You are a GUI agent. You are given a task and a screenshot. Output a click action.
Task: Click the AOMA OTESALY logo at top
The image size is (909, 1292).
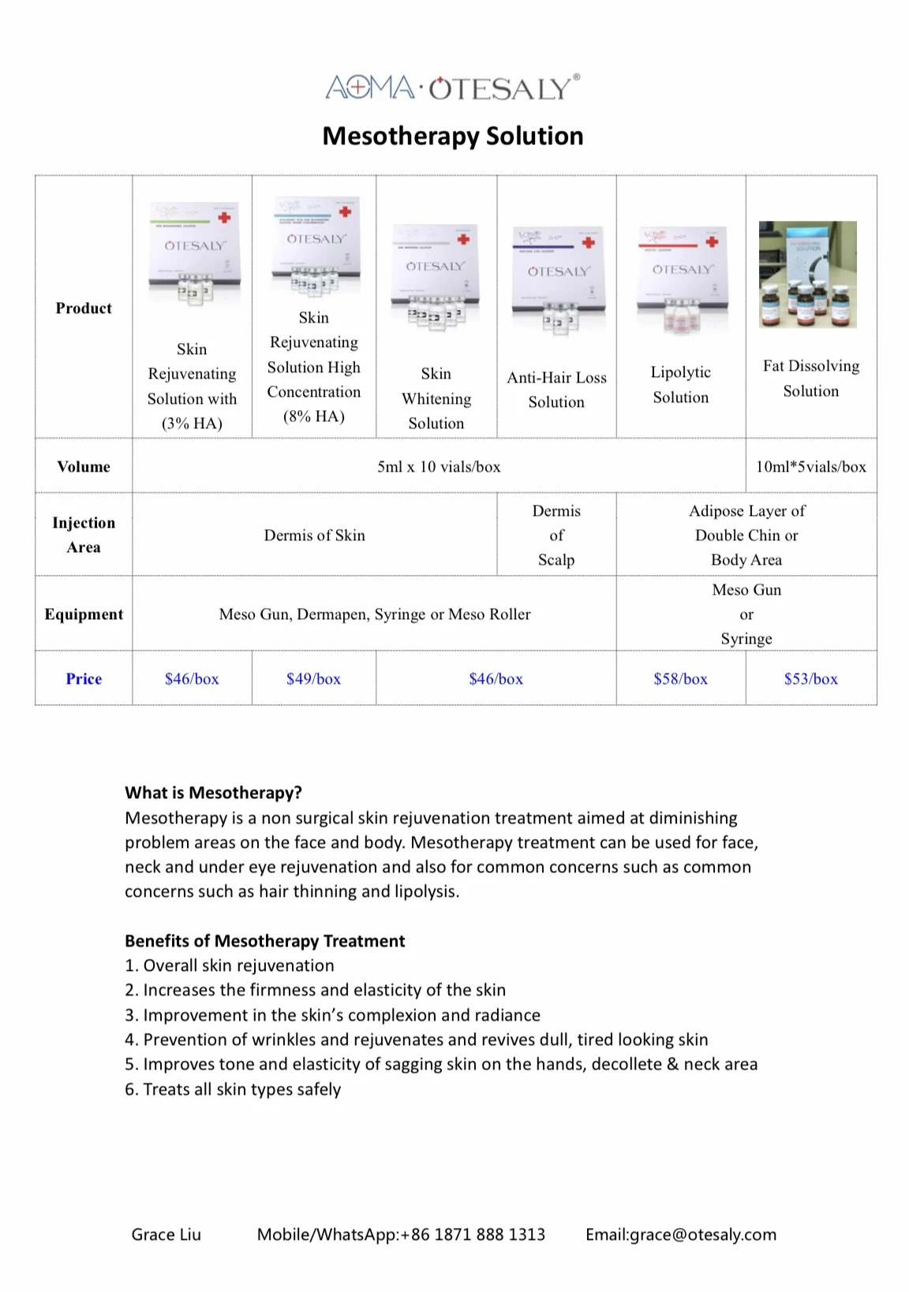pos(453,87)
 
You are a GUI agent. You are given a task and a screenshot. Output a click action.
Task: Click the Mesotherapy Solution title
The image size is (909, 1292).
pos(453,136)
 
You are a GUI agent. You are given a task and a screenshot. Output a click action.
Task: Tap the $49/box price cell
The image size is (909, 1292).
pos(313,678)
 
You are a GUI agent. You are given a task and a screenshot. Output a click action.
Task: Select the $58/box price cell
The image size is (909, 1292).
pos(680,678)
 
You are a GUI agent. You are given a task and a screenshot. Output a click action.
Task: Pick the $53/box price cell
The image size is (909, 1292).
pos(810,678)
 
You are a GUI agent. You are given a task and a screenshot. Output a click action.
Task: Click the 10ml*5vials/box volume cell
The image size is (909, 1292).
pos(810,466)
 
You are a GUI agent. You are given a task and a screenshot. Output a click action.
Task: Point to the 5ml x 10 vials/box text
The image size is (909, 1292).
pos(439,466)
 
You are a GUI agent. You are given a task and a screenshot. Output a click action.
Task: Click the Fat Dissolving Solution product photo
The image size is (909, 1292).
pos(807,274)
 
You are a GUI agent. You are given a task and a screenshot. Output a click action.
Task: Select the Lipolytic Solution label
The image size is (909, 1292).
pos(680,384)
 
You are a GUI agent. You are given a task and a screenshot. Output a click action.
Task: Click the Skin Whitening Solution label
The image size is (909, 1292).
pos(436,398)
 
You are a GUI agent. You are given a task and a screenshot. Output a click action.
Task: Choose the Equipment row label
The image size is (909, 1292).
pos(84,614)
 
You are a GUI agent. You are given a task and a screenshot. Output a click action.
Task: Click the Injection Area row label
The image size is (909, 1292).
pos(84,535)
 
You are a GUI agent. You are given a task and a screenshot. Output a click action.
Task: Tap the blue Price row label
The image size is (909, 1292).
pos(84,678)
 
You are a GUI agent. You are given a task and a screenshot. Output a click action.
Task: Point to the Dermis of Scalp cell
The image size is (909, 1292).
pos(556,535)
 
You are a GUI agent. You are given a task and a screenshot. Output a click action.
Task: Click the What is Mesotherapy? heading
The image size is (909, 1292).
pos(213,793)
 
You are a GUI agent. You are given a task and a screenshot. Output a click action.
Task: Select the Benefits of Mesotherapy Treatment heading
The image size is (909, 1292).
pos(264,940)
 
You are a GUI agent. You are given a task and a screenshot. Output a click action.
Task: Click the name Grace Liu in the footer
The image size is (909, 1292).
pos(166,1234)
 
